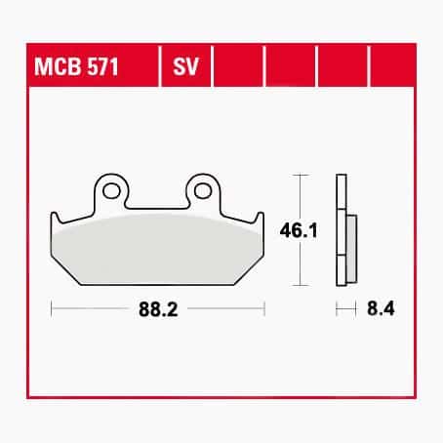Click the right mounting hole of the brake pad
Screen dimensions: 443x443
(x=203, y=189)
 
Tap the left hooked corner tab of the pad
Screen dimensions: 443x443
(x=56, y=219)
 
